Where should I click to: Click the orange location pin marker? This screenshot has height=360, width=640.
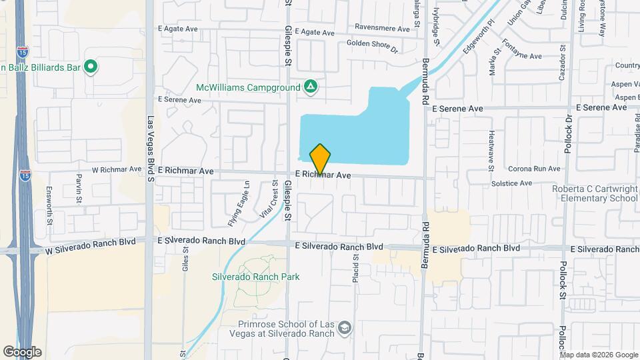(320, 159)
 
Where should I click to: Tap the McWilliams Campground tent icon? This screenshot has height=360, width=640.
(310, 87)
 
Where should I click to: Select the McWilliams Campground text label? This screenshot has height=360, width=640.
(248, 87)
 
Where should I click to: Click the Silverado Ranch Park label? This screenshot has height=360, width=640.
(255, 277)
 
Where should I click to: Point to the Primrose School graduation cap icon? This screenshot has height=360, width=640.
(344, 328)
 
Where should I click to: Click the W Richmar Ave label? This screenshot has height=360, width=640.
(117, 169)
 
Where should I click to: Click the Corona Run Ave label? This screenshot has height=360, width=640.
(534, 169)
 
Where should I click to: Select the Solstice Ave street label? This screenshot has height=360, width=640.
(511, 183)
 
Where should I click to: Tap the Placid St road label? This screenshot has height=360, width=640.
(356, 265)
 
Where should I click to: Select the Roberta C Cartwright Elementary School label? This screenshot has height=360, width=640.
(595, 193)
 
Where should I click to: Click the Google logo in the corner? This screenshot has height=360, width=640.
(22, 352)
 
